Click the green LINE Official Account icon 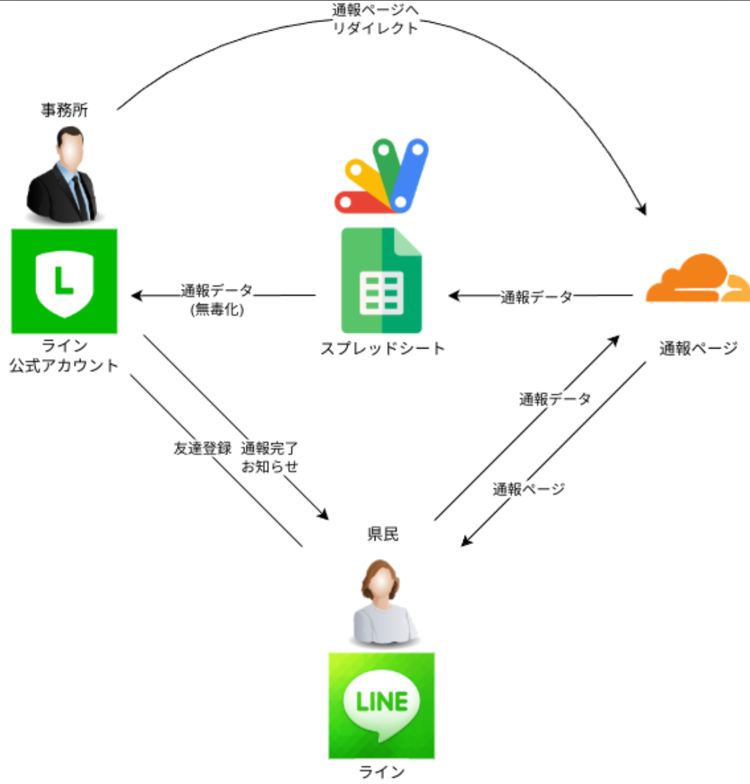point(64,281)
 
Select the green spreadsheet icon point(381,280)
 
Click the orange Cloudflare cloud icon point(697,279)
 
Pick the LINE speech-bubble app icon point(381,705)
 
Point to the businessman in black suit point(63,175)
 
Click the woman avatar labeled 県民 point(382,603)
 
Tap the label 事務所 point(64,110)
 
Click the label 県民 point(383,534)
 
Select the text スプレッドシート point(382,349)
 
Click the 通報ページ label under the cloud point(698,349)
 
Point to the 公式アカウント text point(63,366)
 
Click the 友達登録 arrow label point(202,448)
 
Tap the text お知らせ point(269,467)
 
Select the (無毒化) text point(217,309)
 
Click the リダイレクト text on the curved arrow point(375,28)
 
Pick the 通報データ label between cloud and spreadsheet point(536,298)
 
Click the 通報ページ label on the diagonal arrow point(528,489)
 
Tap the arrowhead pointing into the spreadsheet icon point(453,296)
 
